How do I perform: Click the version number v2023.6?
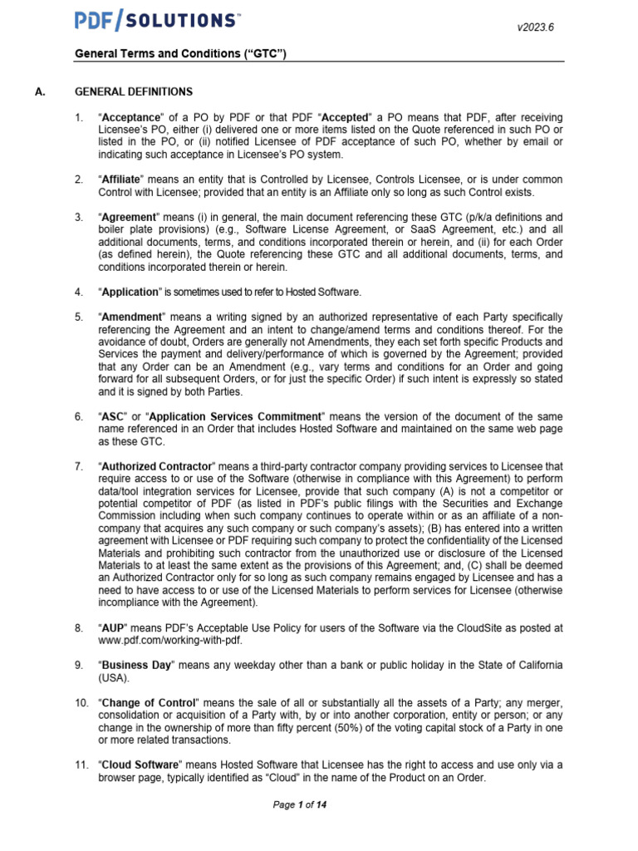(535, 27)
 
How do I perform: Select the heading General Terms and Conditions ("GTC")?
(181, 54)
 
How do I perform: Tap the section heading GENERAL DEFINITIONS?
(134, 91)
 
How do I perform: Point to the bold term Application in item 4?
(130, 292)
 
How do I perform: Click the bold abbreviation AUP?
(113, 628)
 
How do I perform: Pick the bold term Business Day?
(135, 666)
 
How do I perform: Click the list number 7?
(79, 466)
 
